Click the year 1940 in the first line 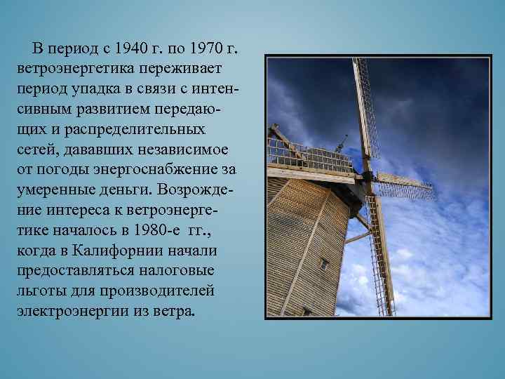(x=137, y=48)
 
